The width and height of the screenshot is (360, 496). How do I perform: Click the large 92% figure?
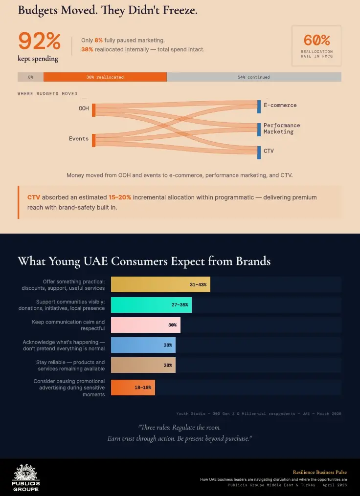pyautogui.click(x=39, y=42)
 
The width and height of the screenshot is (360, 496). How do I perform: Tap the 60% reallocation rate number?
pyautogui.click(x=316, y=40)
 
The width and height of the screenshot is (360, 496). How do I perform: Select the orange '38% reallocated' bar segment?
pyautogui.click(x=105, y=77)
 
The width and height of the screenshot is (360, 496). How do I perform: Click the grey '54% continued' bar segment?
pyautogui.click(x=254, y=77)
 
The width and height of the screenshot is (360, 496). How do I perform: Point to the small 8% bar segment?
pyautogui.click(x=30, y=77)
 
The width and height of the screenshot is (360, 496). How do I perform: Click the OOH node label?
pyautogui.click(x=84, y=108)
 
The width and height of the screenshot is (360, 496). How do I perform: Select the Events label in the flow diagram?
pyautogui.click(x=78, y=139)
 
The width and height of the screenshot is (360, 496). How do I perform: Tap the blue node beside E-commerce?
pyautogui.click(x=259, y=106)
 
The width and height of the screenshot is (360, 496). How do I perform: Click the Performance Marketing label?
pyautogui.click(x=282, y=129)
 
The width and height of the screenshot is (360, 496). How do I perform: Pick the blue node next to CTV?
pyautogui.click(x=259, y=152)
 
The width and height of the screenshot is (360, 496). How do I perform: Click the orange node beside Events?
pyautogui.click(x=93, y=140)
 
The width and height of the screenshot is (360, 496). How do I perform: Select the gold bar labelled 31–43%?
pyautogui.click(x=160, y=284)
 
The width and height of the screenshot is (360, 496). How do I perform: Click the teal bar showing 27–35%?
pyautogui.click(x=151, y=304)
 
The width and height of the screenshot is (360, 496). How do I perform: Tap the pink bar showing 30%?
pyautogui.click(x=145, y=325)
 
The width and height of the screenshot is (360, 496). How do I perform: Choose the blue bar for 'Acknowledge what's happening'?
pyautogui.click(x=143, y=345)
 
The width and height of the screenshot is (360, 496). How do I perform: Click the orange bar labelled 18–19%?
pyautogui.click(x=133, y=388)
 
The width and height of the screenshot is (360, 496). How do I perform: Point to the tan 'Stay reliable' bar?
pyautogui.click(x=143, y=365)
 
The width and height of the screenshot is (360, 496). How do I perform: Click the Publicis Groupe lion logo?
pyautogui.click(x=26, y=473)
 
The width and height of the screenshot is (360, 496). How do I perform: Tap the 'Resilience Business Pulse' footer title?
pyautogui.click(x=320, y=472)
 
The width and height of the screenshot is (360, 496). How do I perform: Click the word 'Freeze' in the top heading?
pyautogui.click(x=180, y=10)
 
